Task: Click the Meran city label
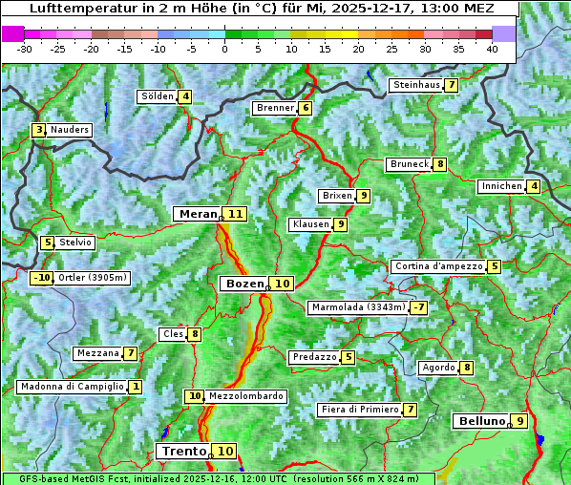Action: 198,214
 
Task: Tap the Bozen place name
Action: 243,284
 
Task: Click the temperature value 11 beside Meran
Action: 235,214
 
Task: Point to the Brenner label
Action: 275,108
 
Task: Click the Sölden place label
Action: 157,96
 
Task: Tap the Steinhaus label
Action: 416,85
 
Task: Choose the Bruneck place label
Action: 409,164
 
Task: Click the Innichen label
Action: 501,186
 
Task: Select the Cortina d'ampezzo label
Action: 437,266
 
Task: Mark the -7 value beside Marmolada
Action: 418,307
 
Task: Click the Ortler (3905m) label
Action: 93,278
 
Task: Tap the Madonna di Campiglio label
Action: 72,387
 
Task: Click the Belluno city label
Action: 480,421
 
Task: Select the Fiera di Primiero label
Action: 359,410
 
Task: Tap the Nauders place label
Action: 70,130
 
